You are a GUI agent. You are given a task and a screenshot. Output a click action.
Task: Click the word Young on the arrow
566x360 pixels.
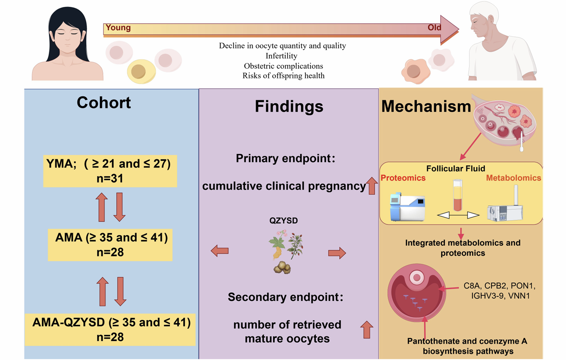118,28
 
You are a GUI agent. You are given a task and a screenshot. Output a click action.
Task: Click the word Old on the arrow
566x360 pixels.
434,28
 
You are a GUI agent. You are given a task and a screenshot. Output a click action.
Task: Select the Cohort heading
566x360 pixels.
104,103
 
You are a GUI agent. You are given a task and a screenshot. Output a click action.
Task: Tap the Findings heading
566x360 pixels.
289,106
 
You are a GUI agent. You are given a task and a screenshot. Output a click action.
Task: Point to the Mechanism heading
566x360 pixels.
426,106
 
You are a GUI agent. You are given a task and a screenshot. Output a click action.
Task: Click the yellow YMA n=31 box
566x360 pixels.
110,171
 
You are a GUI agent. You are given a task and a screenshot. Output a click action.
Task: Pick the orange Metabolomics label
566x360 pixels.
513,178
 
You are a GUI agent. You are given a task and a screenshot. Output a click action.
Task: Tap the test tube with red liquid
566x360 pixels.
458,196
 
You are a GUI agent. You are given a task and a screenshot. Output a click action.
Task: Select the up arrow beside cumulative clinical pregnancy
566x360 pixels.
372,186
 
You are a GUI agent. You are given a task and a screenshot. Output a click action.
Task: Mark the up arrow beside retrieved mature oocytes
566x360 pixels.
367,330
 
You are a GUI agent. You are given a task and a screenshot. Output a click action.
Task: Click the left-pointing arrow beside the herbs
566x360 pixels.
220,251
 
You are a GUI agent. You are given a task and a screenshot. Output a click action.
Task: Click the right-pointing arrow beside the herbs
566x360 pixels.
337,253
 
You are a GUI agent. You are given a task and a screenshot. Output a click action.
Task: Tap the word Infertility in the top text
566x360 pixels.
281,56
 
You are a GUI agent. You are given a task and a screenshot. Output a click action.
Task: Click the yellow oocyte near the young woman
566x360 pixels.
141,71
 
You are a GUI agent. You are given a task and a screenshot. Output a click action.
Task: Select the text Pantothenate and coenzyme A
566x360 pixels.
467,342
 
